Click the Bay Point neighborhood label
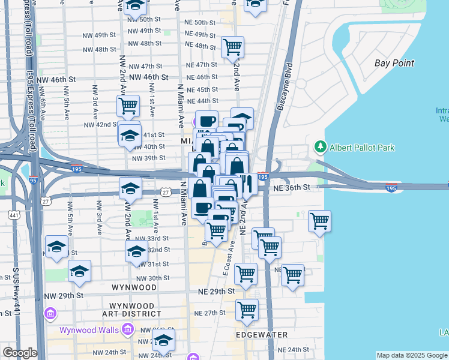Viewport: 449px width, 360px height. (394, 63)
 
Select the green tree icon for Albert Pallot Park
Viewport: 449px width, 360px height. (321, 148)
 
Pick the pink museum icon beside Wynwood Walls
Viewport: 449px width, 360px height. (127, 329)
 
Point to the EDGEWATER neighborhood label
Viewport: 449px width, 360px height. (261, 334)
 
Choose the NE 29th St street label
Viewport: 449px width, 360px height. (215, 291)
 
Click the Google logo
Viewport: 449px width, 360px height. (20, 353)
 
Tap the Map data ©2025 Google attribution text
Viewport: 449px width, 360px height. (412, 355)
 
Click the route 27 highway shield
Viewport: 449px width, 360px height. (166, 190)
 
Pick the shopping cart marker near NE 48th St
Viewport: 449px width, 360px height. (232, 46)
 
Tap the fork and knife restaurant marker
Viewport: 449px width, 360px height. (246, 184)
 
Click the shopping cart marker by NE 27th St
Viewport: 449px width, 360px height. (247, 310)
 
